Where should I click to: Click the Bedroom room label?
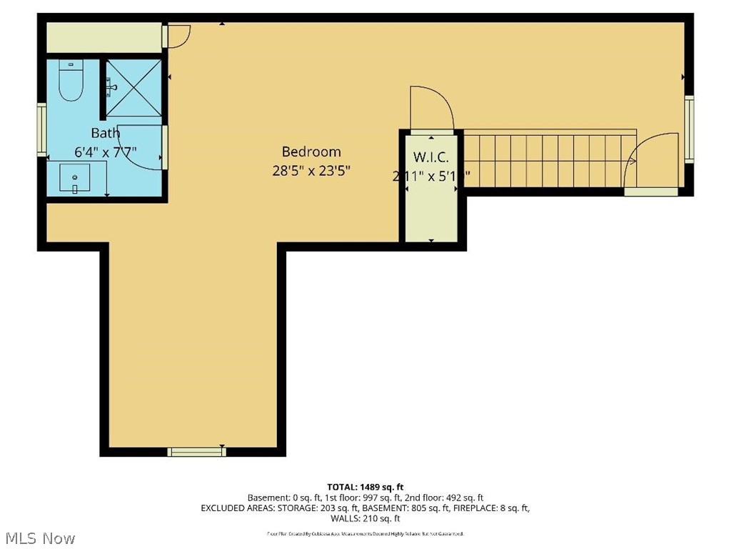pyautogui.click(x=311, y=152)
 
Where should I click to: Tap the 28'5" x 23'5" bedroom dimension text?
pyautogui.click(x=311, y=171)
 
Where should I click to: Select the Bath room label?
pyautogui.click(x=105, y=133)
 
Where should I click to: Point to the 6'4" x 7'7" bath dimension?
pyautogui.click(x=105, y=152)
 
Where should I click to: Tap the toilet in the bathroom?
pyautogui.click(x=71, y=80)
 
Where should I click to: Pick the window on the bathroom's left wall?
pyautogui.click(x=42, y=129)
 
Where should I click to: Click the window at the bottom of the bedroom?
pyautogui.click(x=196, y=451)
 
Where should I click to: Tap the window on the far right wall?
pyautogui.click(x=689, y=129)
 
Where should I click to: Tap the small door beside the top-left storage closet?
pyautogui.click(x=177, y=35)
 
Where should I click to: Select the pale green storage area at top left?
pyautogui.click(x=104, y=37)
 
